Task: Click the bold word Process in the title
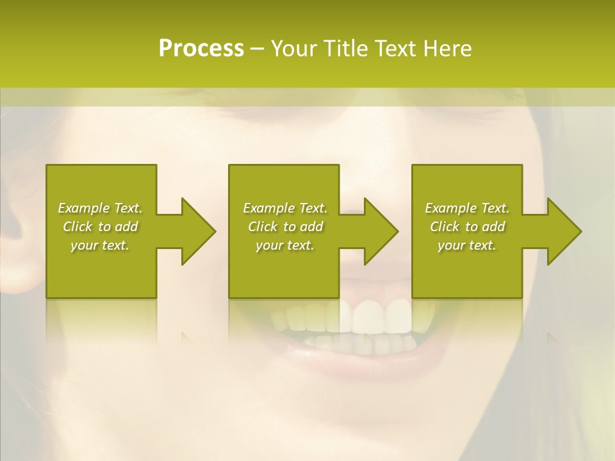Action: point(201,49)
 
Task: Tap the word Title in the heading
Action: point(345,49)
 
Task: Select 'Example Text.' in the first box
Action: point(100,208)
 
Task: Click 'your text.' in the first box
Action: point(100,245)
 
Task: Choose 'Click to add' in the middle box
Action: point(285,227)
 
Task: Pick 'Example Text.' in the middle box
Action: point(285,208)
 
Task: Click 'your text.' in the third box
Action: point(467,245)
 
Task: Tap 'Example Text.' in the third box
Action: point(467,208)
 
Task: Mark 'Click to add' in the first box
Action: point(100,227)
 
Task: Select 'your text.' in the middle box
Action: point(285,245)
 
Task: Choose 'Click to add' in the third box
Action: point(467,227)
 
